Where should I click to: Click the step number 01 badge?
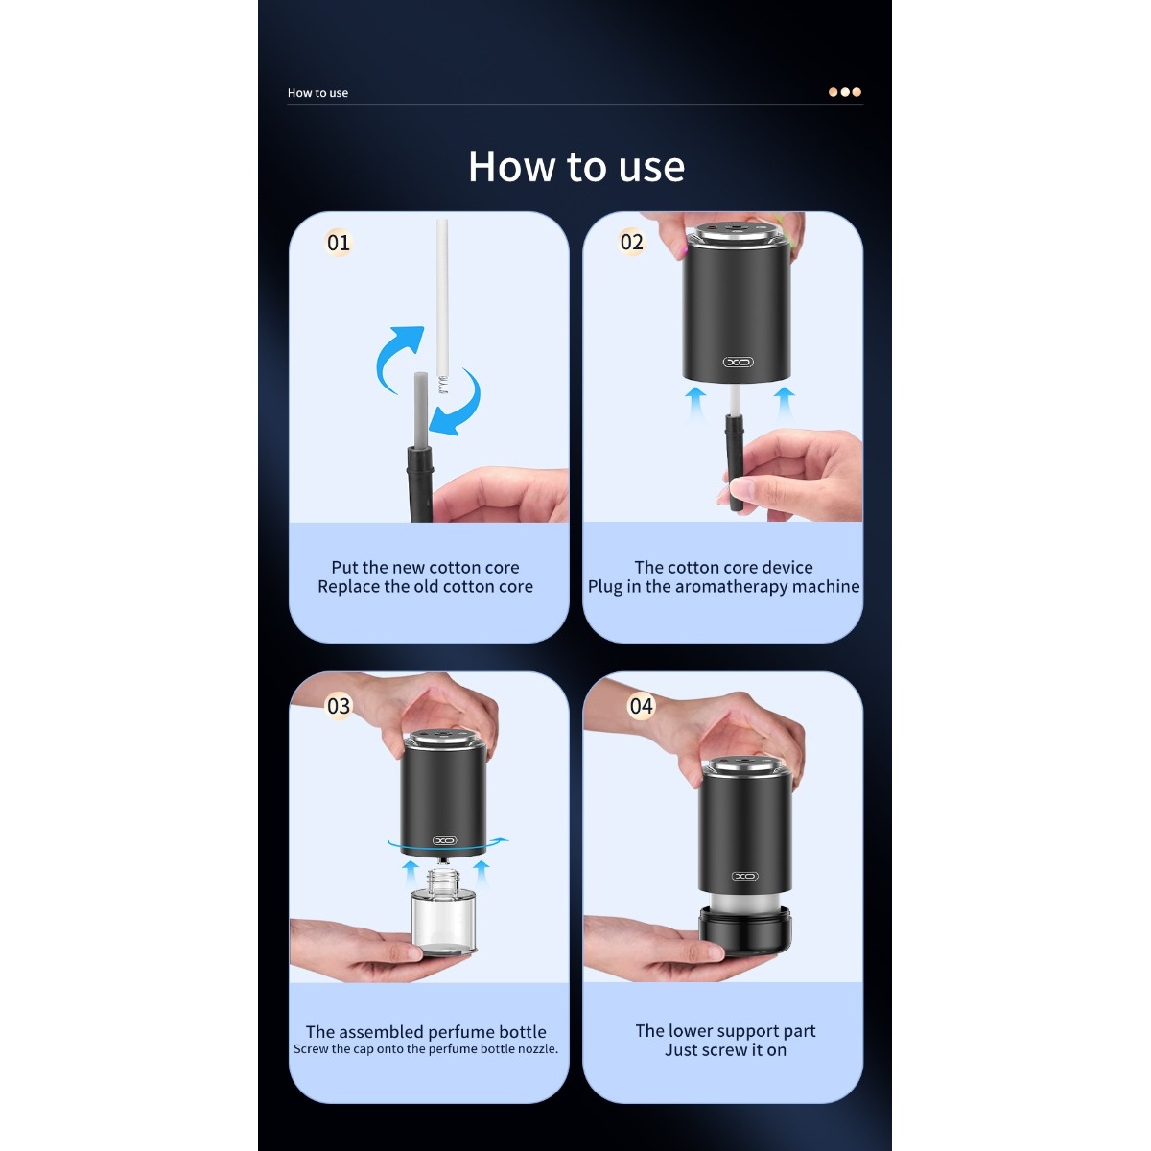[x=338, y=243]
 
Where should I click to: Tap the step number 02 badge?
[x=631, y=242]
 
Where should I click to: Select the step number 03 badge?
[x=338, y=706]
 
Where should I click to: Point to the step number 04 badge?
[x=641, y=706]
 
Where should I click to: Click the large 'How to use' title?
[x=575, y=166]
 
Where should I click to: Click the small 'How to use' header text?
[x=317, y=93]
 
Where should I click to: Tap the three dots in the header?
[x=845, y=92]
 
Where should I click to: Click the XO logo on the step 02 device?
[x=739, y=362]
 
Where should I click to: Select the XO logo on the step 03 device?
[x=444, y=840]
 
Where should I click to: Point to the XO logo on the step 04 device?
[x=745, y=877]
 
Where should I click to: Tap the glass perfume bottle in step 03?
[x=443, y=911]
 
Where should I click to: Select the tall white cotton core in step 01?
[x=442, y=305]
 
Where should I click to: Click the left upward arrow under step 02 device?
[x=694, y=403]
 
